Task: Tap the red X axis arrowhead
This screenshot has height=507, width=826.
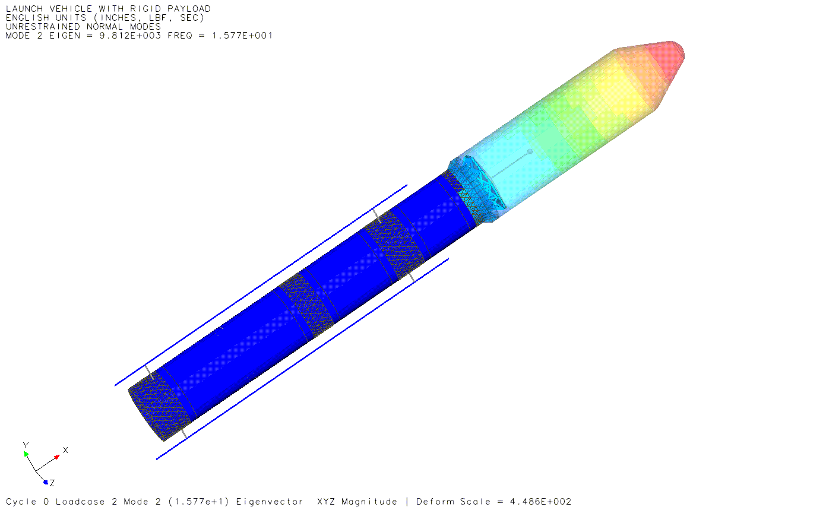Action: (57, 457)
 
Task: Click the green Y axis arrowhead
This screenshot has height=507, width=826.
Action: (26, 454)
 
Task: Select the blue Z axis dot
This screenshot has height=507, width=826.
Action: (46, 482)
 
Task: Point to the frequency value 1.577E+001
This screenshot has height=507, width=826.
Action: (242, 36)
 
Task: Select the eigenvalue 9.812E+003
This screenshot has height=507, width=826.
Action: (130, 36)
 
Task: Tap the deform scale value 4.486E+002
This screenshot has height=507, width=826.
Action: (540, 502)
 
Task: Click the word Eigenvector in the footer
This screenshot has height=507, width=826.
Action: (270, 502)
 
